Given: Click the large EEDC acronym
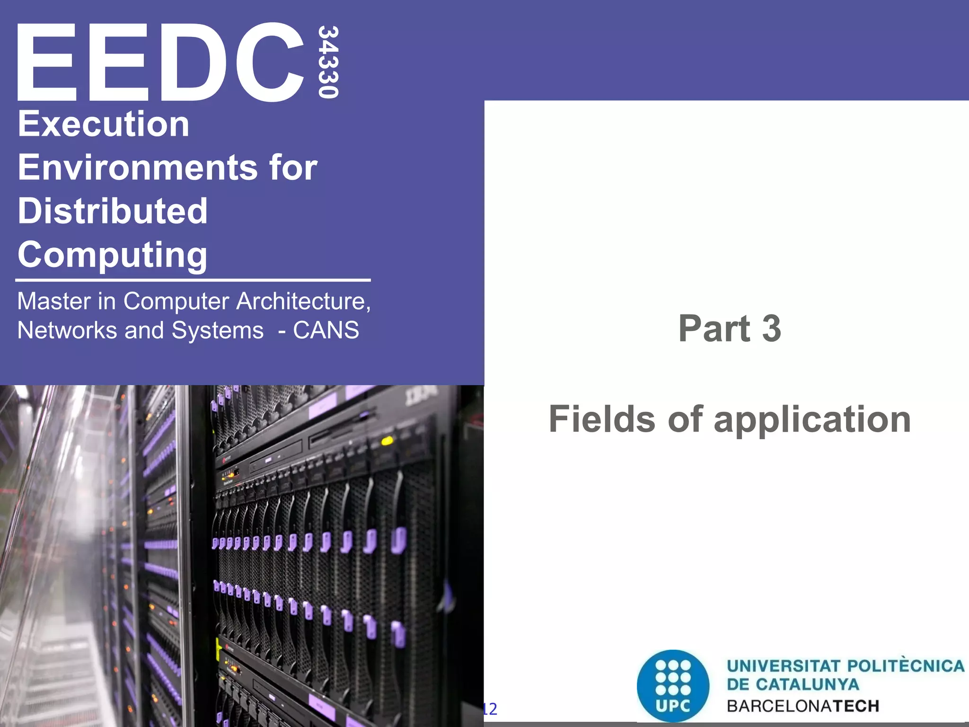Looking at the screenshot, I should pyautogui.click(x=161, y=62).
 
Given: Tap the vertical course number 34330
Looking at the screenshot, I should pyautogui.click(x=328, y=62).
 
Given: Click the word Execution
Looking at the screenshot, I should pyautogui.click(x=104, y=124).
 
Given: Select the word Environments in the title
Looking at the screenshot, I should pyautogui.click(x=138, y=168).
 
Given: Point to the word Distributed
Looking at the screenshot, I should pyautogui.click(x=113, y=211).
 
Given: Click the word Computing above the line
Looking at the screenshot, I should pyautogui.click(x=113, y=255).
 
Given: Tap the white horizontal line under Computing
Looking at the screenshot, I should pyautogui.click(x=193, y=280).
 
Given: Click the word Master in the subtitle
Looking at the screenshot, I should pyautogui.click(x=54, y=301).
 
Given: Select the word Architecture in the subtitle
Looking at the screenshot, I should pyautogui.click(x=303, y=301).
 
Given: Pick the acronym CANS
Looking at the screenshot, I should pyautogui.click(x=326, y=330).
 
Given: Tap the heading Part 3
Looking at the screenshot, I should pyautogui.click(x=730, y=328).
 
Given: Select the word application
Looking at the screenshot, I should pyautogui.click(x=812, y=420).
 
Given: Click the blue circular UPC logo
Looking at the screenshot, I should pyautogui.click(x=673, y=685).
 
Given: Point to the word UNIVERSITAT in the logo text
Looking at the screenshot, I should pyautogui.click(x=784, y=666).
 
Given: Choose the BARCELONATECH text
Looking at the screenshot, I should pyautogui.click(x=803, y=706).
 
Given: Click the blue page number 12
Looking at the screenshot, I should pyautogui.click(x=490, y=709).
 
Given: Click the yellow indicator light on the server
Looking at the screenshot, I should pyautogui.click(x=387, y=441).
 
